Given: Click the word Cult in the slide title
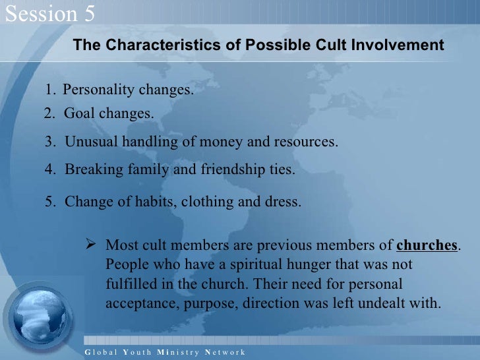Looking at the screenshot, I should coord(313,45).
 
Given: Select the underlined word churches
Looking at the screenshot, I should coord(427,245).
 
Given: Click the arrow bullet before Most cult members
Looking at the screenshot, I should coord(92,245).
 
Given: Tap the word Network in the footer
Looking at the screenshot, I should coord(225,352).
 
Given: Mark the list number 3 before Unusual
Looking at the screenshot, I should coord(48,142).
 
